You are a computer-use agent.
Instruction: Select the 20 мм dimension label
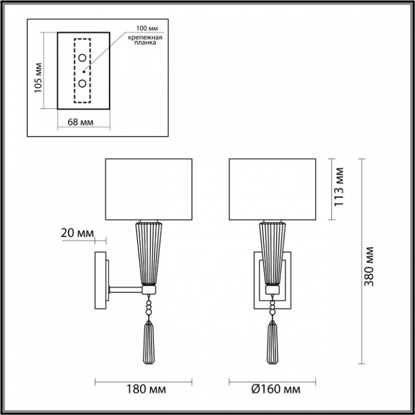[78, 232]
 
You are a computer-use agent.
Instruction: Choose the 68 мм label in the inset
[80, 122]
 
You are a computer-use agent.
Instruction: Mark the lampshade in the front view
[273, 188]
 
